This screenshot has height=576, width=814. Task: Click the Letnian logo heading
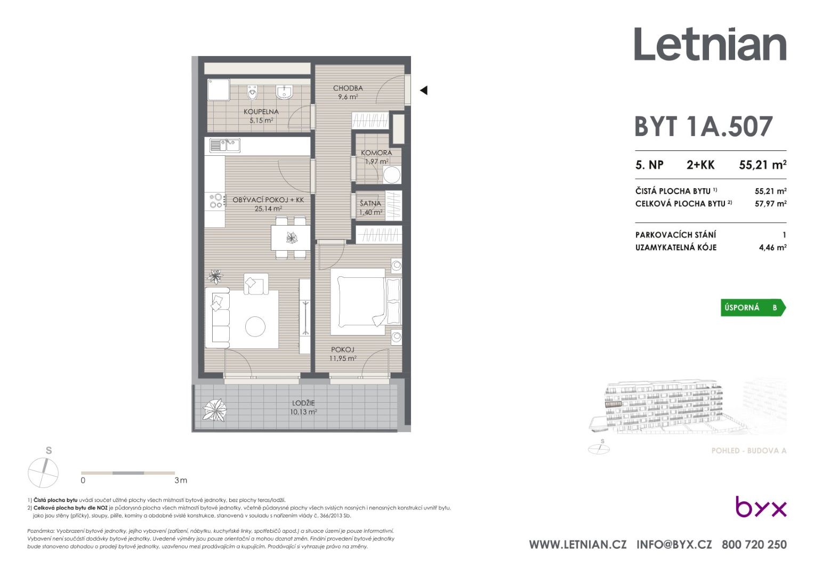[x=710, y=44]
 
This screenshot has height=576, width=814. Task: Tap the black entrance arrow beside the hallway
[x=424, y=90]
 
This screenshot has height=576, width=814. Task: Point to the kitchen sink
[x=224, y=146]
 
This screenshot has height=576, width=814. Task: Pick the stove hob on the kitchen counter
[x=215, y=201]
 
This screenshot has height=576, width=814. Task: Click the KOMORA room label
[x=376, y=153]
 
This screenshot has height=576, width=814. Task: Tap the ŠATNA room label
[x=370, y=204]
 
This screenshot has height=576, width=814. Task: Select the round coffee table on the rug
[x=255, y=326]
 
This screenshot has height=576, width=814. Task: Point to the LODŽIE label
[x=303, y=403]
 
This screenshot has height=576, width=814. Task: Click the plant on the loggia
[x=215, y=410]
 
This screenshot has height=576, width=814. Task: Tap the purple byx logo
[x=761, y=507]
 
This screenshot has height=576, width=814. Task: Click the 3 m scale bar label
[x=181, y=481]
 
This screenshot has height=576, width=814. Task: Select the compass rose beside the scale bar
[x=43, y=473]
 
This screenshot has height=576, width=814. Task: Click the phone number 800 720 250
[x=754, y=545]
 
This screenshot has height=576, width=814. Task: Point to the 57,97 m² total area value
[x=770, y=203]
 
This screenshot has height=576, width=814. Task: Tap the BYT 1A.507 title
[x=704, y=126]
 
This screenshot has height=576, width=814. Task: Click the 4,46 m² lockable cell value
[x=772, y=247]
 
